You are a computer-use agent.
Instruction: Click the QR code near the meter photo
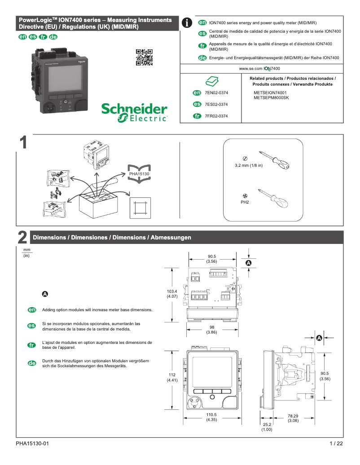click(144, 57)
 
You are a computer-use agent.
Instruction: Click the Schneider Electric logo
click(134, 113)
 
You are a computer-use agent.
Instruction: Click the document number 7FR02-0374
click(216, 116)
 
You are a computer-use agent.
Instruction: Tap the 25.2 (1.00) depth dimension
click(267, 427)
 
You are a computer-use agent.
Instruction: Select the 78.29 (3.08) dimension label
click(293, 418)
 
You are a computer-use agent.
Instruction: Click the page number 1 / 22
click(336, 444)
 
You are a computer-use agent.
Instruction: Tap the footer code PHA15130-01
click(32, 444)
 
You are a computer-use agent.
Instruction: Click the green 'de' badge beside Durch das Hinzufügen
click(32, 363)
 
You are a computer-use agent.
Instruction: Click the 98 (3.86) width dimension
click(211, 330)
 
